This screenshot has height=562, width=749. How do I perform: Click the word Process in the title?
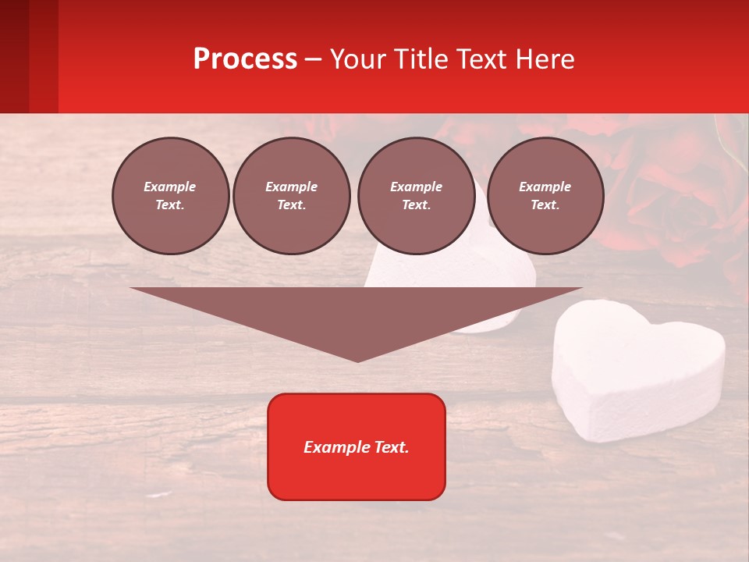245,59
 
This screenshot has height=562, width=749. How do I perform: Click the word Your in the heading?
358,59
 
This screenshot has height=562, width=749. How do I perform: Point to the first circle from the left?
170,196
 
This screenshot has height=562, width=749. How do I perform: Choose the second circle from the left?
292,196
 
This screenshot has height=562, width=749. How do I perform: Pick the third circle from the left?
416,196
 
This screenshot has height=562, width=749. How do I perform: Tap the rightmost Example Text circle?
545,196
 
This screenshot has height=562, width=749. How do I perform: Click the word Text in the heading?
481,59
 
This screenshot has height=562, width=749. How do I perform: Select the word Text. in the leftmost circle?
170,205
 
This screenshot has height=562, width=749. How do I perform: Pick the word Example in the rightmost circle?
545,187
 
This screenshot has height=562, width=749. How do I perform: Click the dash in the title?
313,59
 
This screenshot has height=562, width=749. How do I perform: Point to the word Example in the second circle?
292,187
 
